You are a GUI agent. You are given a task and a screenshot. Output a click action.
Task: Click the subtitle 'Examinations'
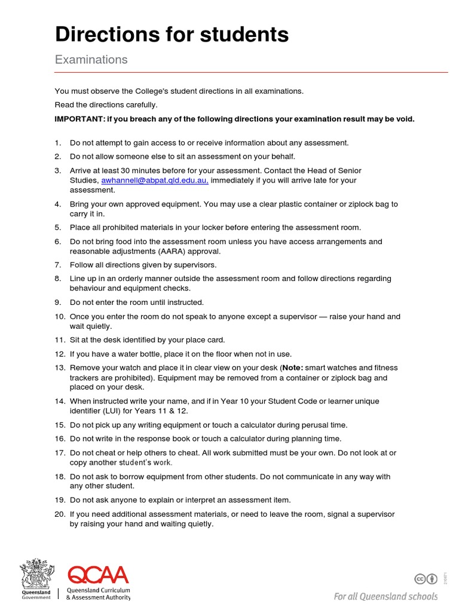[91, 60]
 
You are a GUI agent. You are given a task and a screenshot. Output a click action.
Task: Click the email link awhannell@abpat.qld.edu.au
[154, 180]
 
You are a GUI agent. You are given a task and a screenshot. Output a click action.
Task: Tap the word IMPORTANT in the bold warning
[78, 119]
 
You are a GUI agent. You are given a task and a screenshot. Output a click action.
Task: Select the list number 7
[58, 265]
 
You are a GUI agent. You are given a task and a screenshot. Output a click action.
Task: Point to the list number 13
[59, 368]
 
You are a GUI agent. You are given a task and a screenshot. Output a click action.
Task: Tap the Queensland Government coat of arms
[36, 575]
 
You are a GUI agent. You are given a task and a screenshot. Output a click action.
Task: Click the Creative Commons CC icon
[420, 578]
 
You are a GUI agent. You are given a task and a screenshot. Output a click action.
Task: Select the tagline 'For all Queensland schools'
[385, 597]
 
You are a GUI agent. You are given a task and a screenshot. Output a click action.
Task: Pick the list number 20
[59, 514]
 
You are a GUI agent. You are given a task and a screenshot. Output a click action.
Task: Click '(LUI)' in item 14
[117, 411]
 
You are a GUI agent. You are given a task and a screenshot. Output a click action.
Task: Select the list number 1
[58, 143]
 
